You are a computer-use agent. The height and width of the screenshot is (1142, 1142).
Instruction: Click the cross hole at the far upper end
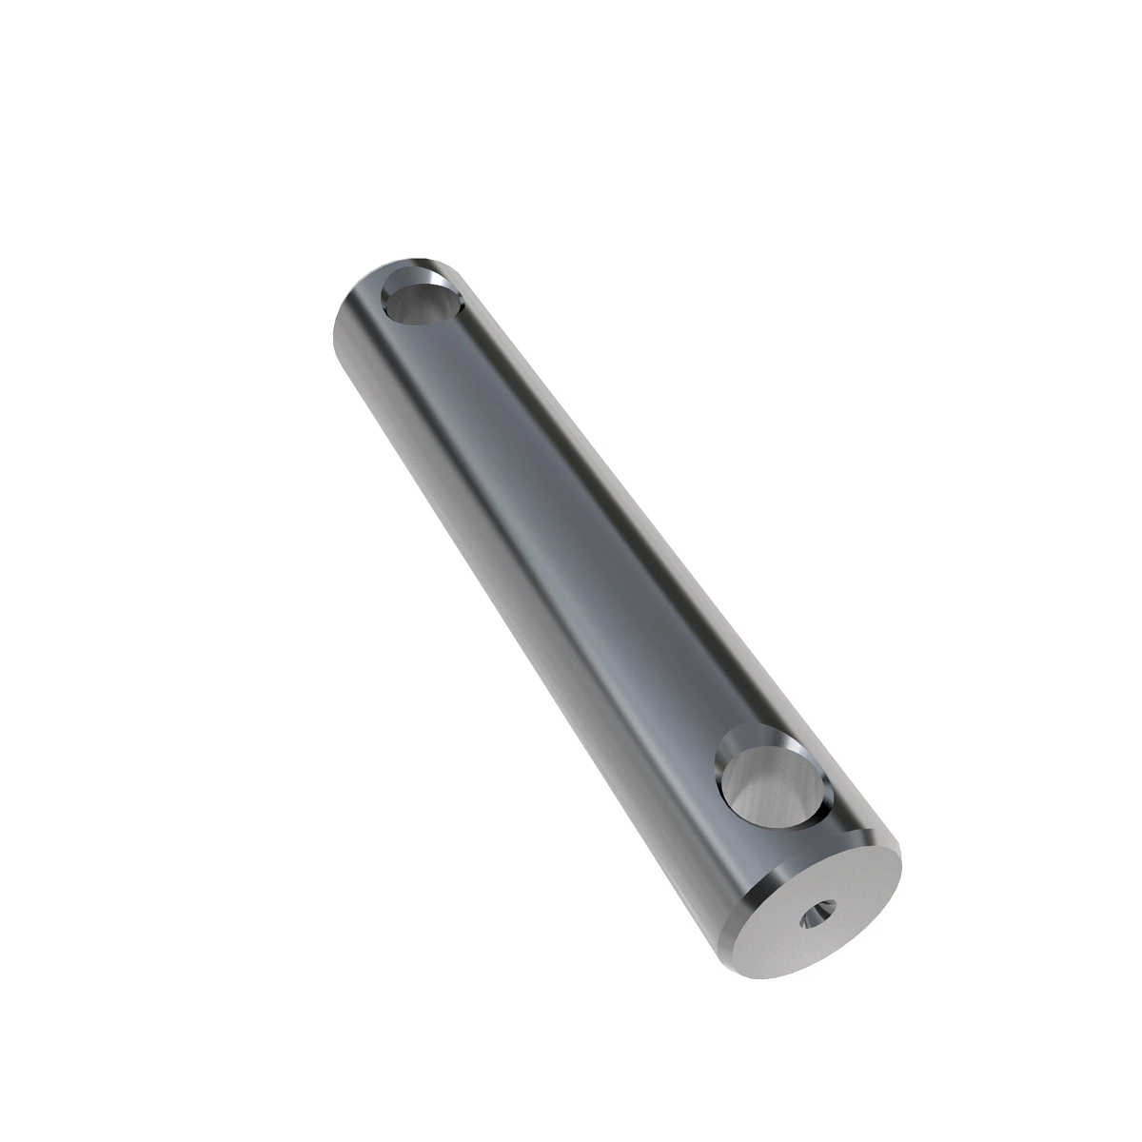click(423, 297)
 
